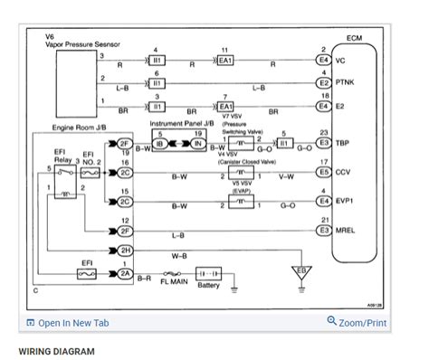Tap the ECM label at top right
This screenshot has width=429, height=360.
354,39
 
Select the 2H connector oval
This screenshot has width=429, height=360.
125,250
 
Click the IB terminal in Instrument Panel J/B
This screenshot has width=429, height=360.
159,143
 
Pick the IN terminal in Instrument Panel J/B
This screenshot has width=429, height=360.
198,143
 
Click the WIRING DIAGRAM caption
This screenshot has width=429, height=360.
56,350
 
